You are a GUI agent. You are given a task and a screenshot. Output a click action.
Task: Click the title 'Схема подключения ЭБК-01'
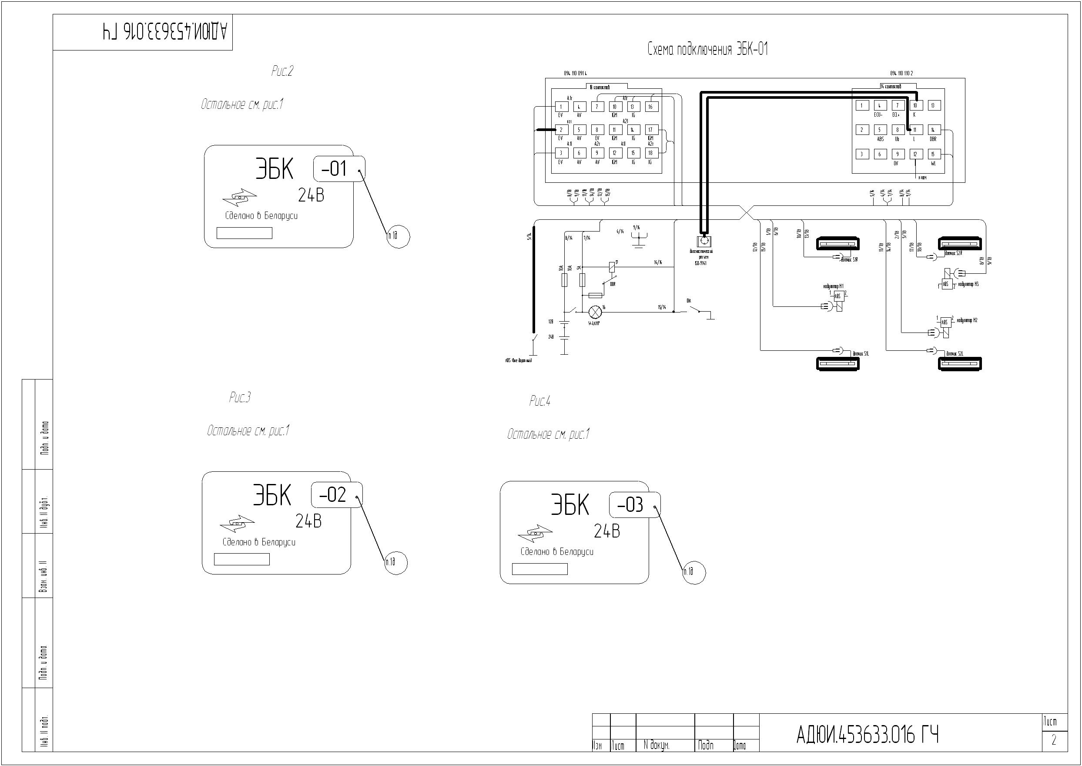[x=708, y=50]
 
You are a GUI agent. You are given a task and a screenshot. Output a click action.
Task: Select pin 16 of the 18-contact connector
[x=650, y=107]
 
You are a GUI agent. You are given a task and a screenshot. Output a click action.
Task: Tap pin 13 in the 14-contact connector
[x=934, y=105]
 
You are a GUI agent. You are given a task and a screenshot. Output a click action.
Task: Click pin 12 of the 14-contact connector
[x=915, y=154]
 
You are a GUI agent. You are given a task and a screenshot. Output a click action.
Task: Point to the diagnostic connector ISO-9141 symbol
[x=704, y=241]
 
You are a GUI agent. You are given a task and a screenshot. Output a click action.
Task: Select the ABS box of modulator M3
[x=945, y=284]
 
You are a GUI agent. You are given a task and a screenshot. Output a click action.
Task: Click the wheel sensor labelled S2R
[x=960, y=243]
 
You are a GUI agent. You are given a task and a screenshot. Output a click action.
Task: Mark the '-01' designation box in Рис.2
[x=339, y=168]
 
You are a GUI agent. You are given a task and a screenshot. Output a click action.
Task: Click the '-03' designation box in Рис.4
[x=635, y=505]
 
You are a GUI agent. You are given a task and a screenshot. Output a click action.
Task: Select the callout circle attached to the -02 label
[x=395, y=562]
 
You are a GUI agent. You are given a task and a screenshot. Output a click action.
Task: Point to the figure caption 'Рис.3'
[x=239, y=398]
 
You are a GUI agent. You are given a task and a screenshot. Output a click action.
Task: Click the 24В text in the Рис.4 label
[x=607, y=531]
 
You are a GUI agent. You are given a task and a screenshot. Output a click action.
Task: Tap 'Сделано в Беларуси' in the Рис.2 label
[x=261, y=216]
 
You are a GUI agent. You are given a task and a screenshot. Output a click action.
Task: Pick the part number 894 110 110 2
[x=901, y=74]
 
